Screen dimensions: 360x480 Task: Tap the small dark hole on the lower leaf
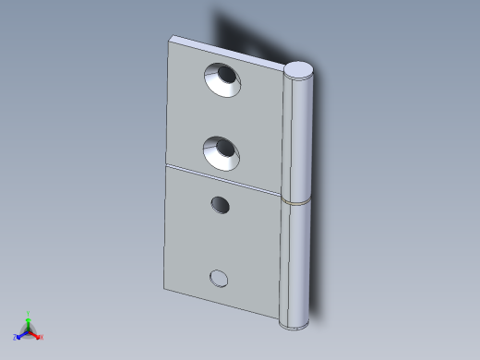[x=220, y=204]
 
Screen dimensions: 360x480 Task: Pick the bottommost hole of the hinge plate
[x=219, y=277]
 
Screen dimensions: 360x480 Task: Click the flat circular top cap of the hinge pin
[x=300, y=69]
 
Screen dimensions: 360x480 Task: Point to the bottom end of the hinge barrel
[x=295, y=323]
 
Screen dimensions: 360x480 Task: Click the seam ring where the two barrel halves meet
[x=298, y=200]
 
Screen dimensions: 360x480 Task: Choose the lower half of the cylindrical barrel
[x=297, y=263]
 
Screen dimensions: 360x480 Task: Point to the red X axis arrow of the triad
[x=36, y=336]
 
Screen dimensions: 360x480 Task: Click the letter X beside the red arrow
[x=42, y=338]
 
